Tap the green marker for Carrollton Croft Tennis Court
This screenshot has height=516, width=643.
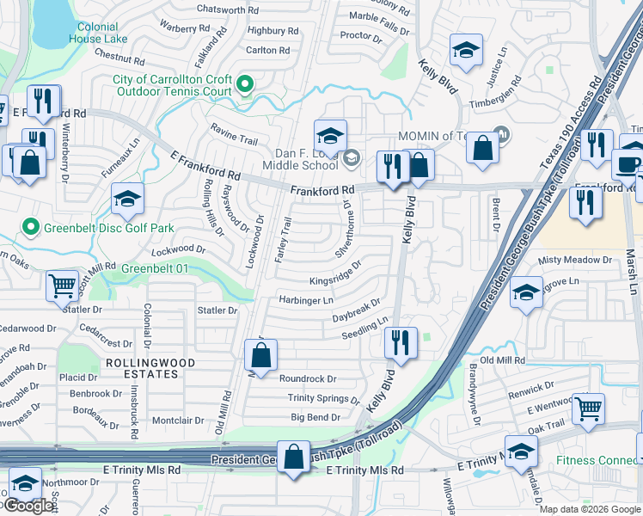tap(245, 84)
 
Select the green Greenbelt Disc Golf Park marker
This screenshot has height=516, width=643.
tap(31, 228)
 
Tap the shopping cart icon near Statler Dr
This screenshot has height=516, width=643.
tap(61, 286)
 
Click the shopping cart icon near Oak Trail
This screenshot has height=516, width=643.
tap(588, 408)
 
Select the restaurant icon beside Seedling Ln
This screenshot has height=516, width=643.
tap(400, 341)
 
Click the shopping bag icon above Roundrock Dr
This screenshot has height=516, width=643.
tap(260, 353)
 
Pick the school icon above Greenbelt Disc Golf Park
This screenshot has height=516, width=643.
tap(127, 200)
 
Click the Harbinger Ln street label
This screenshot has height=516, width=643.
tap(305, 300)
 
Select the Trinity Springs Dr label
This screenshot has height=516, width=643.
tap(323, 398)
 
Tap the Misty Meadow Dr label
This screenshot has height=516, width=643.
tap(574, 259)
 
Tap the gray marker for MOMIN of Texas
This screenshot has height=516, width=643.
tap(500, 136)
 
